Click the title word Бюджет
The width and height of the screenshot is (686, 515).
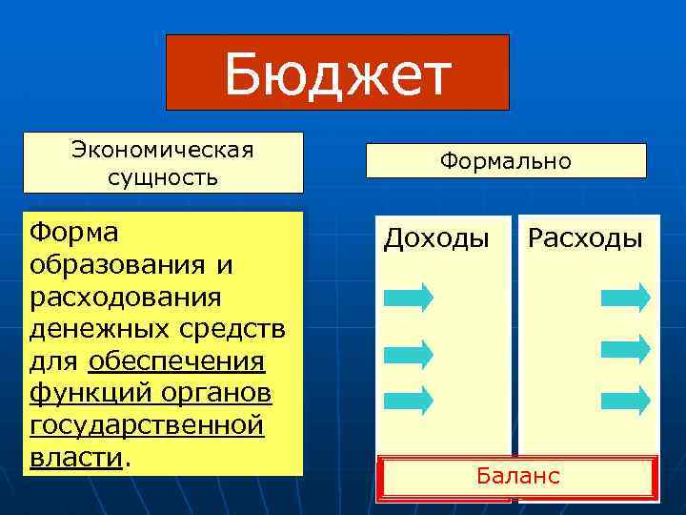point(337,74)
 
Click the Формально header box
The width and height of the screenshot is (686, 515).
point(506,161)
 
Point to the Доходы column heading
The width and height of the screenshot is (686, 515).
point(436,237)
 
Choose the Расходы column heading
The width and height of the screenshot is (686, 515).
point(585,237)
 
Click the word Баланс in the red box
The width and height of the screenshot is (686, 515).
point(516,475)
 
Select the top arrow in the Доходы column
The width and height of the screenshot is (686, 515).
point(408,297)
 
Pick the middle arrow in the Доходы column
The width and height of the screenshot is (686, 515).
point(408,355)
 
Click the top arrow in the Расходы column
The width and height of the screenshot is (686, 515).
point(625,297)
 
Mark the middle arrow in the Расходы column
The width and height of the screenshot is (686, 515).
point(625,348)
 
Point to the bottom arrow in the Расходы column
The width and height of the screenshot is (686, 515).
point(625,399)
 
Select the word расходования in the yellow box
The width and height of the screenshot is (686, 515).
point(127,298)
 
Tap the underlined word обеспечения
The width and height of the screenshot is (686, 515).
point(176,362)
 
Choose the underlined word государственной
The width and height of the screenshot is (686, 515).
point(147,426)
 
